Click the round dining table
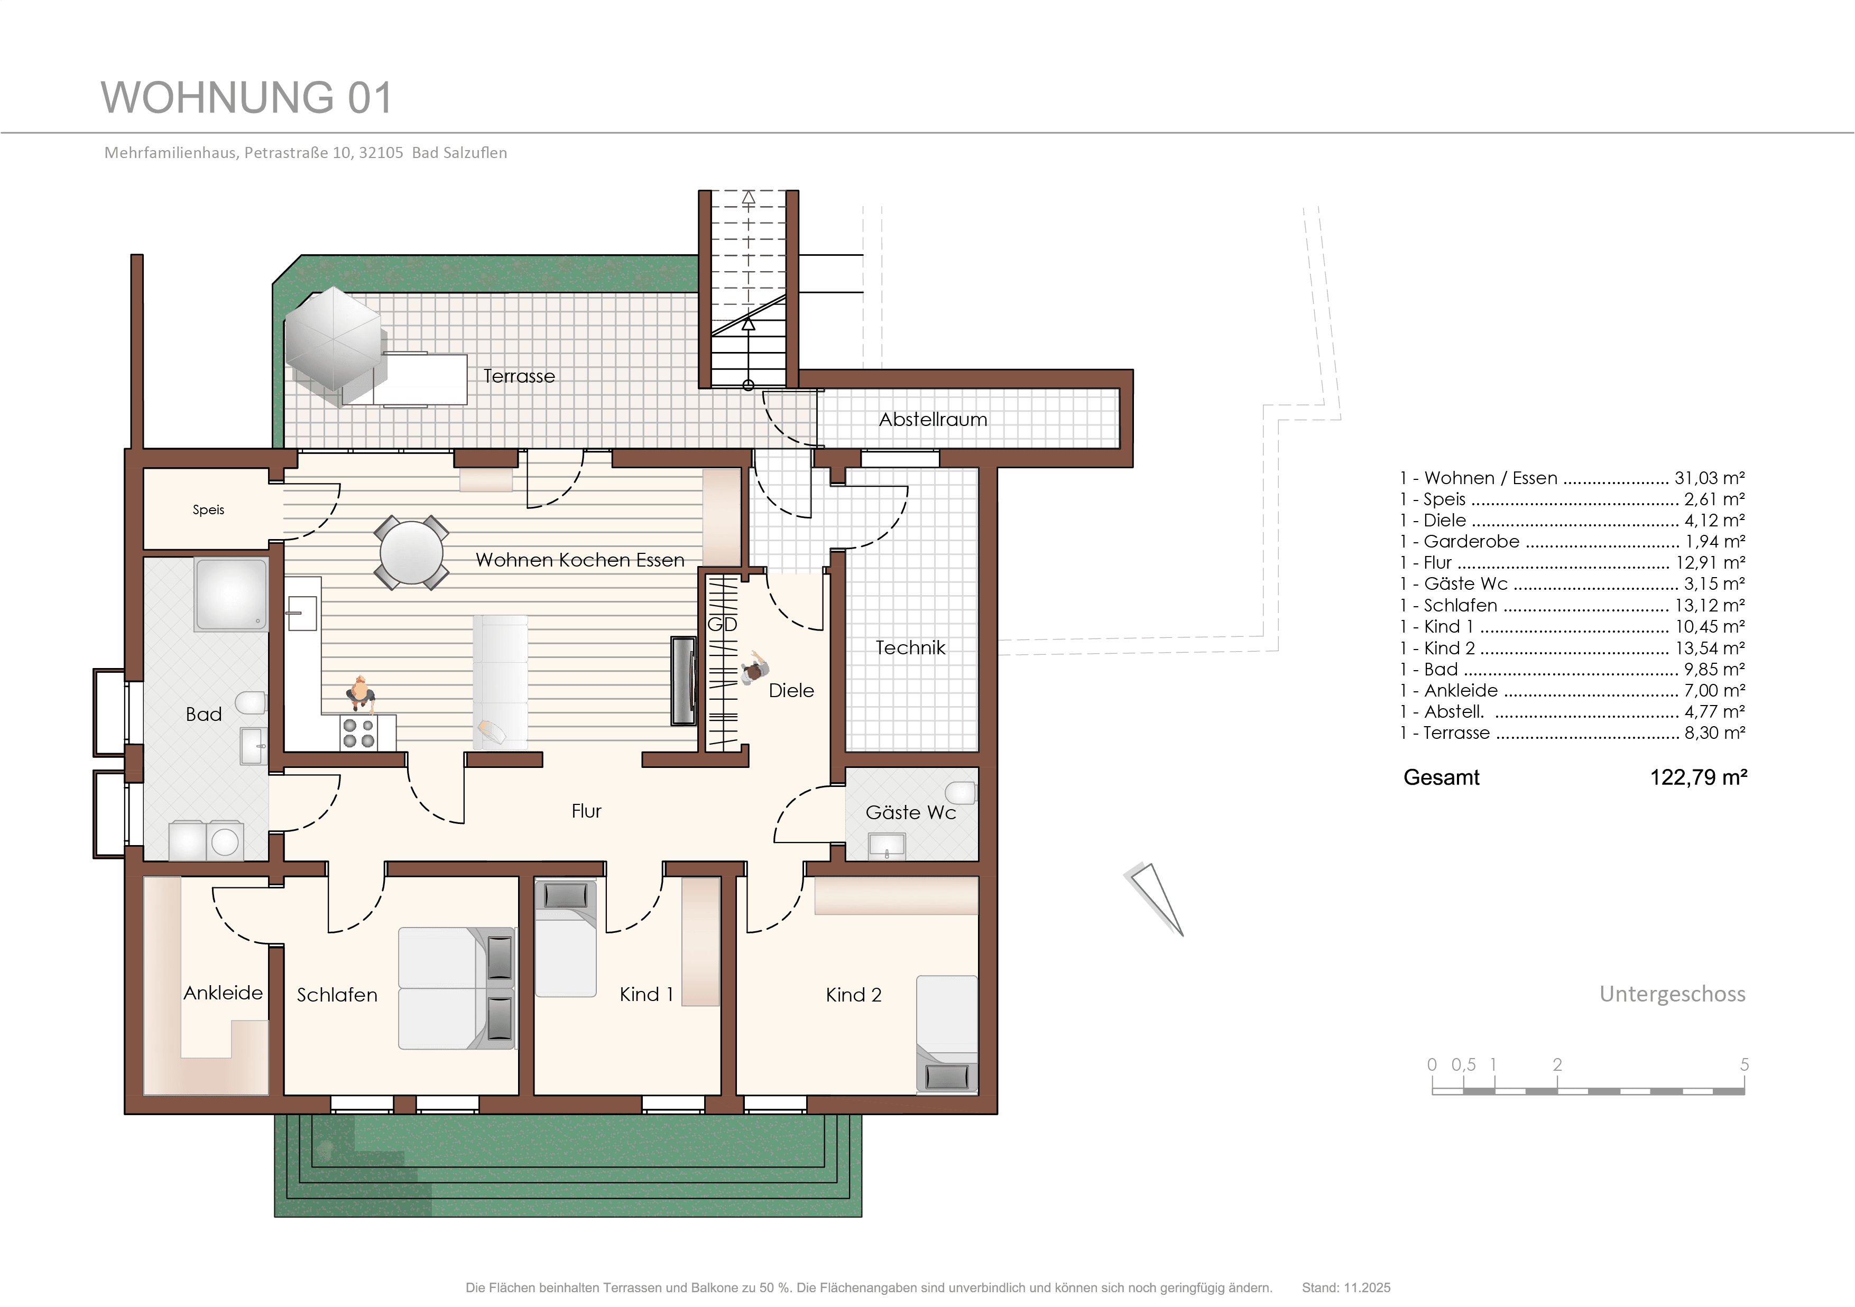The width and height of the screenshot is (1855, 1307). point(411,552)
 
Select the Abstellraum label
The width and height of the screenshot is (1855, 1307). point(933,419)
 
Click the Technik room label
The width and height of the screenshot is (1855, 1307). point(910,648)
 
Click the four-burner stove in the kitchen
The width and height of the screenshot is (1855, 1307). point(359,733)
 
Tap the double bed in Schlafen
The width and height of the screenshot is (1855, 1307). point(456,988)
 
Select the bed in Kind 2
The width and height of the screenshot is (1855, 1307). point(947,1034)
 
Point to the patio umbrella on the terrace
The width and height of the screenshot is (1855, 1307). point(333,338)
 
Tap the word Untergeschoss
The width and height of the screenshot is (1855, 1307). point(1673,994)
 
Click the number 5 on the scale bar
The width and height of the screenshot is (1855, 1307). point(1745,1064)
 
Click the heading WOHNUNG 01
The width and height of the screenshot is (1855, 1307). point(246,98)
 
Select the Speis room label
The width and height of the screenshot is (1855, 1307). point(208,509)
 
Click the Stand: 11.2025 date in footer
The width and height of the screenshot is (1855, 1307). point(1346,1287)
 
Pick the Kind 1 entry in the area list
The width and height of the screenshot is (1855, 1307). point(1572,627)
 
